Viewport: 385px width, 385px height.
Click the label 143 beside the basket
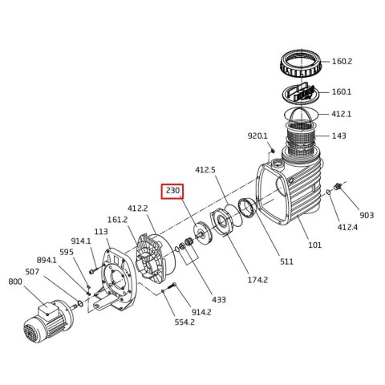tap(362, 136)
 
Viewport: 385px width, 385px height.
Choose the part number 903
tap(367, 215)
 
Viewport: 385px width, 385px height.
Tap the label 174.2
tap(234, 280)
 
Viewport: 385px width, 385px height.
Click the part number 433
tap(219, 299)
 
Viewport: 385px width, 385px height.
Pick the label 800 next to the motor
tap(14, 282)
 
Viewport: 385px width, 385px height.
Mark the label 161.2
tap(118, 218)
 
